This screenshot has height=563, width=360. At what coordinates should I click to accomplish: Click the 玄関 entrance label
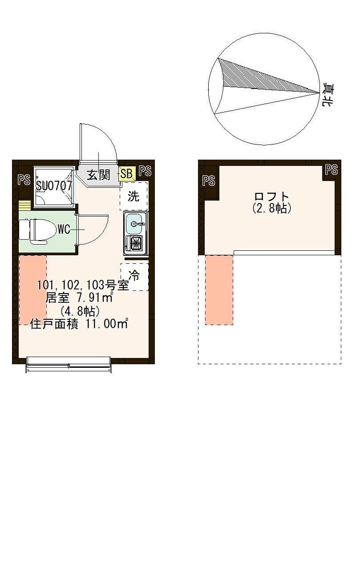tap(98, 175)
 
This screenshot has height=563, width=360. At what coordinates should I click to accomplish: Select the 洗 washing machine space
tap(133, 196)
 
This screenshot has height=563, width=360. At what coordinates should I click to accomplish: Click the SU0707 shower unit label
tap(54, 186)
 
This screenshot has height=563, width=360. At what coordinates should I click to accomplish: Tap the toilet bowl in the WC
tap(38, 230)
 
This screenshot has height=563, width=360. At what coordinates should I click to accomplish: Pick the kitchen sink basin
tap(135, 224)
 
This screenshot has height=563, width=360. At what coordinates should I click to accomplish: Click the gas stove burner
tap(135, 243)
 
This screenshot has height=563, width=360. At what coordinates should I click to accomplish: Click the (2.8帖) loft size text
tap(271, 208)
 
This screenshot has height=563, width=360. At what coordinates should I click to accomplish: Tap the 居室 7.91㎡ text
tap(79, 297)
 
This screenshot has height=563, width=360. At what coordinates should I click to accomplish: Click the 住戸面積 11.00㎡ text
tap(79, 324)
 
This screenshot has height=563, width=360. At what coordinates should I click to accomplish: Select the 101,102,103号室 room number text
tap(83, 285)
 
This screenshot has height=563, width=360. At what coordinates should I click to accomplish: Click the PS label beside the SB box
tap(145, 171)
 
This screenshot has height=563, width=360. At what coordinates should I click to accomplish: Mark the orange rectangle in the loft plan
tap(219, 290)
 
